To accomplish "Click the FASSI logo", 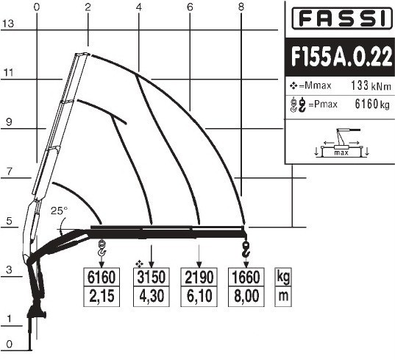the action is tap(342, 19).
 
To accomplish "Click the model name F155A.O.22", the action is tap(341, 57).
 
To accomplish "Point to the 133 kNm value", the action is tap(371, 85).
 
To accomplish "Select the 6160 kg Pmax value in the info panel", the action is tap(372, 104).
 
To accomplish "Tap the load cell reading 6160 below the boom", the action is tap(102, 277).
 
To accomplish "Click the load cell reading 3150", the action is tap(151, 277).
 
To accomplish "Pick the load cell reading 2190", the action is tap(199, 277).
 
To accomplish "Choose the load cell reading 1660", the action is tap(246, 277).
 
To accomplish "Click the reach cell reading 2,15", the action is tap(102, 296).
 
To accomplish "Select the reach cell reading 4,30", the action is tap(151, 296).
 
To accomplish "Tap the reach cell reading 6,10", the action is tap(199, 296).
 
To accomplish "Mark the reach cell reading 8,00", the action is tap(246, 296).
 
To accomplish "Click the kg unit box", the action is tap(283, 277).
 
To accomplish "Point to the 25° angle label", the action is tap(59, 211).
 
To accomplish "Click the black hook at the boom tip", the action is tap(246, 249).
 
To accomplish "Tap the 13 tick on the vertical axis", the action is tap(8, 24).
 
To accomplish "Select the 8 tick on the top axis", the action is tap(241, 7).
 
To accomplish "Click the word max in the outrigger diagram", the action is tap(341, 152).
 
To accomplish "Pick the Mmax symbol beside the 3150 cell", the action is tap(139, 264).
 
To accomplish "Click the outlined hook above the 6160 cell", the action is tap(102, 248).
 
